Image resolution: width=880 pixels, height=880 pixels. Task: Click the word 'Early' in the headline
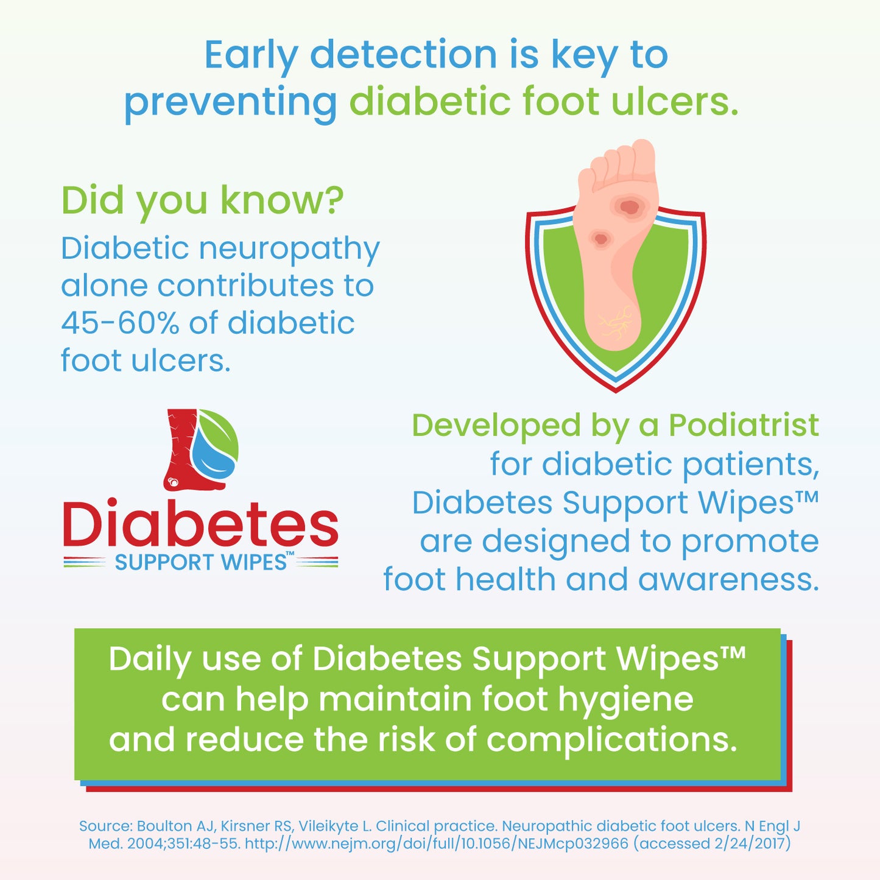[250, 55]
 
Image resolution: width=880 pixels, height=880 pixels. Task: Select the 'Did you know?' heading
[202, 200]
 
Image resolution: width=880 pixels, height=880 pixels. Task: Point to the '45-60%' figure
[120, 323]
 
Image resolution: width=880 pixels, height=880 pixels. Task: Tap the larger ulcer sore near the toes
[630, 207]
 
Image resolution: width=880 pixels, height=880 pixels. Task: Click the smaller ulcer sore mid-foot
[601, 239]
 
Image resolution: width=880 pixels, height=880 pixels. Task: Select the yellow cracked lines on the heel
[614, 322]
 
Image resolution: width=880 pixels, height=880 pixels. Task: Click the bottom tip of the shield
[616, 388]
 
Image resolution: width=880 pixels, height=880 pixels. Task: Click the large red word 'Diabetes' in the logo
[200, 524]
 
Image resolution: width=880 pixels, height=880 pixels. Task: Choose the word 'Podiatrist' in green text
[744, 426]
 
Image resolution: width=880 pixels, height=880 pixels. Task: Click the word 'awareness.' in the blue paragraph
[728, 580]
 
